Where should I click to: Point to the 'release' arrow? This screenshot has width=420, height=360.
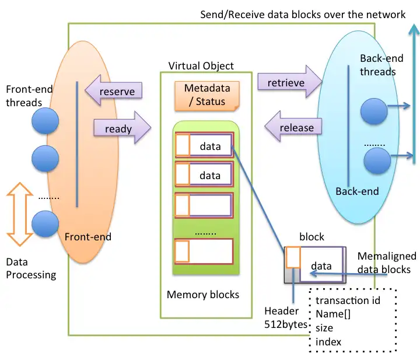click(x=293, y=127)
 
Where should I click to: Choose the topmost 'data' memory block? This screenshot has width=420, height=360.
click(x=204, y=146)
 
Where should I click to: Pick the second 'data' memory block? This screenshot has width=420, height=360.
click(x=204, y=175)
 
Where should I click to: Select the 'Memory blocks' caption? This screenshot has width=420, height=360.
click(x=203, y=295)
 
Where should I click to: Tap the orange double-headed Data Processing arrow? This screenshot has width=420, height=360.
click(x=20, y=214)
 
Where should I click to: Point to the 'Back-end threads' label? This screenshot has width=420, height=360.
click(x=378, y=65)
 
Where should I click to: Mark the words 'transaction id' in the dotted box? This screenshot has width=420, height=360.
click(x=348, y=300)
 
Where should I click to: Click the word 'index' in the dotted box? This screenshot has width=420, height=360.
click(x=328, y=341)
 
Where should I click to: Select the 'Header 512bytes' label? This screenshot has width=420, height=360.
click(x=285, y=318)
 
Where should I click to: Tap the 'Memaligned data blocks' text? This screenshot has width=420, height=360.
click(x=386, y=263)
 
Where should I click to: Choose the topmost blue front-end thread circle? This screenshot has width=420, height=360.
click(x=45, y=122)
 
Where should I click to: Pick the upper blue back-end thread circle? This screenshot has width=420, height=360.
click(x=374, y=111)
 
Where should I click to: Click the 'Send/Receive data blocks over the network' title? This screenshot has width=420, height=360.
click(x=303, y=15)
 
